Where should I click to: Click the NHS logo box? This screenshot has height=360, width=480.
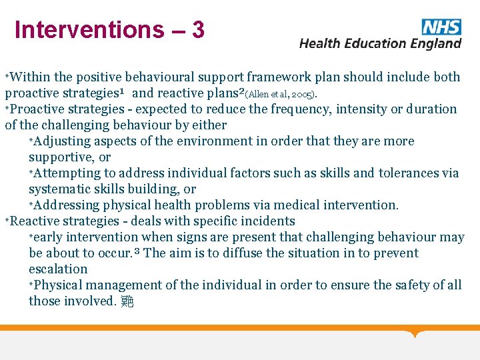pyautogui.click(x=441, y=27)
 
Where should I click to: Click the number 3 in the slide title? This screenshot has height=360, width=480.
pyautogui.click(x=197, y=30)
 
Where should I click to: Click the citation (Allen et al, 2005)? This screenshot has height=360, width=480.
pyautogui.click(x=282, y=94)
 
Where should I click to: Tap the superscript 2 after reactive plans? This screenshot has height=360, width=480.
pyautogui.click(x=241, y=91)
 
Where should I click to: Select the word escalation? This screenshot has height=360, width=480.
pyautogui.click(x=58, y=269)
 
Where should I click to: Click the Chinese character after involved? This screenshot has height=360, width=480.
pyautogui.click(x=127, y=301)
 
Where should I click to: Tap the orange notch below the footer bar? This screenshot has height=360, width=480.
pyautogui.click(x=415, y=333)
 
